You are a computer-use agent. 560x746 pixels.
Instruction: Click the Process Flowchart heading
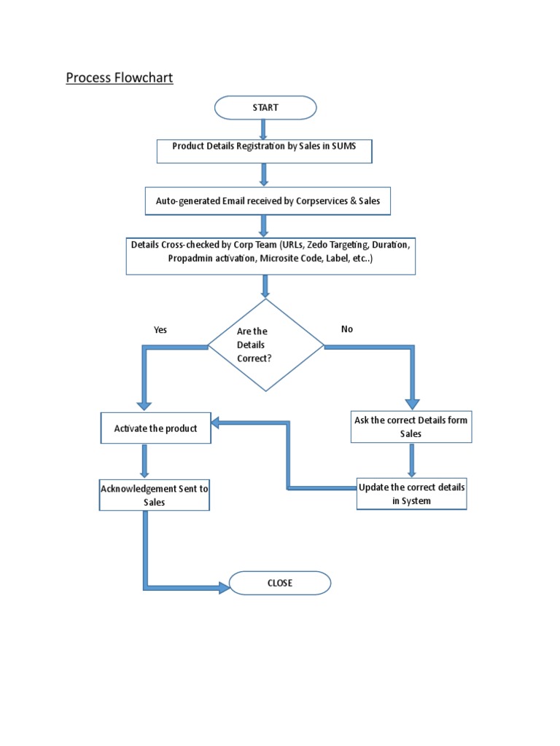coord(120,77)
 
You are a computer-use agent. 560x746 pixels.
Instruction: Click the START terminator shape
coord(265,108)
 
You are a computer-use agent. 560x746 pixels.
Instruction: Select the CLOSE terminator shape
coord(280,583)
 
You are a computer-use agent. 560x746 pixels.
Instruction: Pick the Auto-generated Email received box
coord(268,201)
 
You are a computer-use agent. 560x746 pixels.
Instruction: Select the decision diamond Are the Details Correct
coord(265,345)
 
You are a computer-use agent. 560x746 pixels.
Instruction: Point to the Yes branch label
coord(160,330)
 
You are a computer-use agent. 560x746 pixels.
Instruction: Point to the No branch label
coord(347,329)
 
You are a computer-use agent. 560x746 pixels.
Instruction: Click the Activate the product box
coord(155,428)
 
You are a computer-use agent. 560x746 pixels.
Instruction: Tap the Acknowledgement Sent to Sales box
coord(155,495)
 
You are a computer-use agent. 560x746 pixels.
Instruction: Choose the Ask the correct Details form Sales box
coord(411,427)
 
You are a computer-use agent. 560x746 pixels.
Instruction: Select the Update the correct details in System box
coord(411,495)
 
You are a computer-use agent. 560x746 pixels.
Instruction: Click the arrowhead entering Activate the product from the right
coord(217,423)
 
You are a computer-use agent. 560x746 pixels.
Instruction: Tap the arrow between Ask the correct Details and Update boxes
coord(412,460)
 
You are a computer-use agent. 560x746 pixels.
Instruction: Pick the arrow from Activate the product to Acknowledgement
coord(145,460)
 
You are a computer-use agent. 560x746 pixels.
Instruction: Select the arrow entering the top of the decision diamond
coord(265,287)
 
